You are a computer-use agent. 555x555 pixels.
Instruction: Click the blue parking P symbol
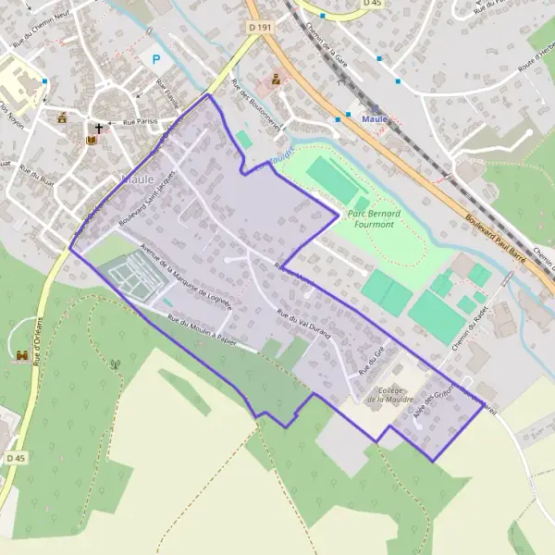coord(155,59)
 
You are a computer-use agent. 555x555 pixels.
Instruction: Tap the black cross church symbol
coord(98,129)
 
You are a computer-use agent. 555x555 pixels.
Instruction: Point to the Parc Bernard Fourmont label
coord(373,219)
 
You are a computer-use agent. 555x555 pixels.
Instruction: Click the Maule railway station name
coord(375,119)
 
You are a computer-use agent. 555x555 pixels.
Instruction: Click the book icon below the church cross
coord(91,141)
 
